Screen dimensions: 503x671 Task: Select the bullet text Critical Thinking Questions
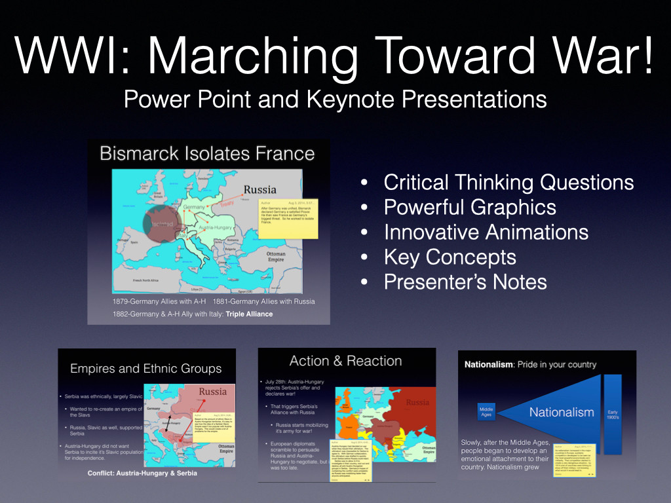pyautogui.click(x=508, y=182)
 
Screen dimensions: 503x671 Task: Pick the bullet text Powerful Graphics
pyautogui.click(x=470, y=207)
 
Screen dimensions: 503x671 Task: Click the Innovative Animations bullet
pyautogui.click(x=486, y=232)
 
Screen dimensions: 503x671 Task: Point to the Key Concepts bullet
pyautogui.click(x=450, y=257)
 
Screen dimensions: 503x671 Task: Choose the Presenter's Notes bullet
pyautogui.click(x=465, y=282)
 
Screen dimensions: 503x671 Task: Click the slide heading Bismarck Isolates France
pyautogui.click(x=207, y=154)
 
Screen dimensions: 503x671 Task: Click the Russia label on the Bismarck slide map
pyautogui.click(x=260, y=190)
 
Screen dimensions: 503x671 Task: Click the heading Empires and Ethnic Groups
pyautogui.click(x=146, y=368)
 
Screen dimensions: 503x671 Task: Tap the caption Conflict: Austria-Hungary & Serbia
pyautogui.click(x=142, y=473)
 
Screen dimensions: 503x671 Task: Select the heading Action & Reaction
pyautogui.click(x=345, y=361)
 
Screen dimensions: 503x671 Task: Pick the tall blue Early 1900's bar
pyautogui.click(x=613, y=414)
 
